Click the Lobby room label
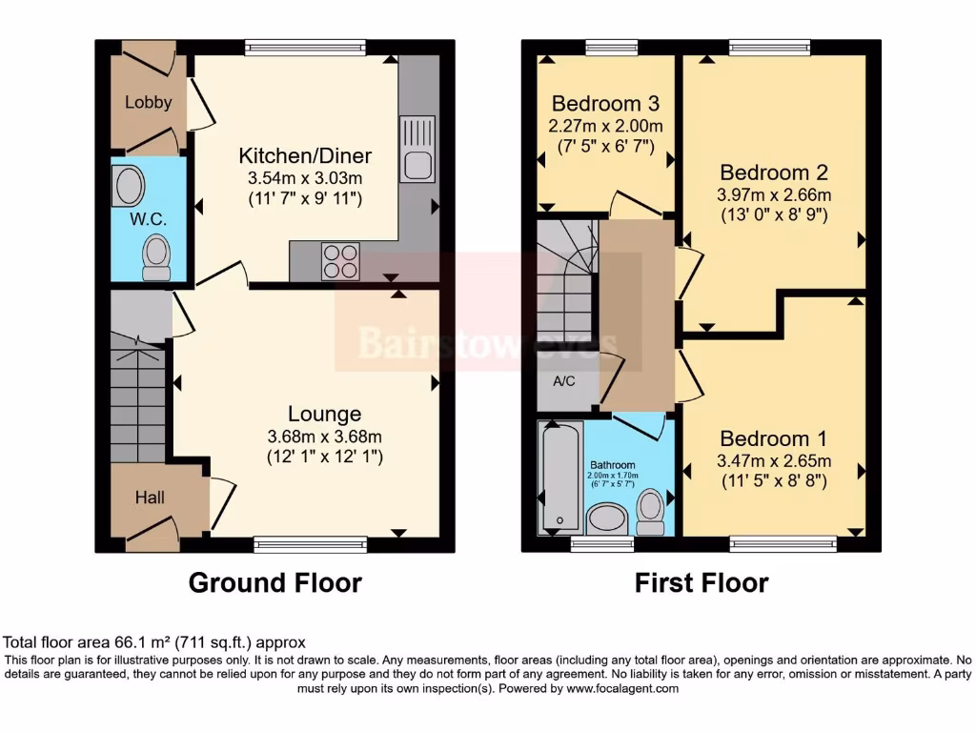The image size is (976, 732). pyautogui.click(x=149, y=102)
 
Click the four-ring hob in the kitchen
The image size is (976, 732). pyautogui.click(x=336, y=260)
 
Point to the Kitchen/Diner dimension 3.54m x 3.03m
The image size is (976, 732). pyautogui.click(x=304, y=178)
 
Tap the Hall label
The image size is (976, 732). pyautogui.click(x=149, y=498)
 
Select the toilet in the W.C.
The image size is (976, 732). pyautogui.click(x=155, y=257)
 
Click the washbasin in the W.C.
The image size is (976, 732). pyautogui.click(x=127, y=186)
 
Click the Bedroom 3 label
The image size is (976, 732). pyautogui.click(x=605, y=103)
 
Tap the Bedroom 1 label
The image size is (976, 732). pyautogui.click(x=773, y=438)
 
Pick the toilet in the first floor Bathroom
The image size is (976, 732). pyautogui.click(x=652, y=507)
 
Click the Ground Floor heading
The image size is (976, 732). pyautogui.click(x=275, y=582)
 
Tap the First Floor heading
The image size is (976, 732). pyautogui.click(x=701, y=582)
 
